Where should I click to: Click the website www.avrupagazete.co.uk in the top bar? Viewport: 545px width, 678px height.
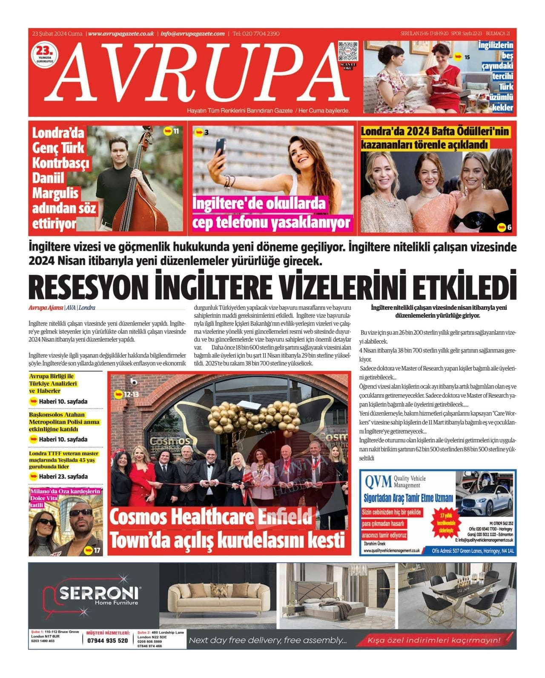coord(121,34)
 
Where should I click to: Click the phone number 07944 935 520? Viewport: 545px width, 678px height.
coord(107,641)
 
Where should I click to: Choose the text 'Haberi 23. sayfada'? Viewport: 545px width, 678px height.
coord(63,476)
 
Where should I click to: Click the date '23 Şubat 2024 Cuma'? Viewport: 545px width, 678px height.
coord(57,34)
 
